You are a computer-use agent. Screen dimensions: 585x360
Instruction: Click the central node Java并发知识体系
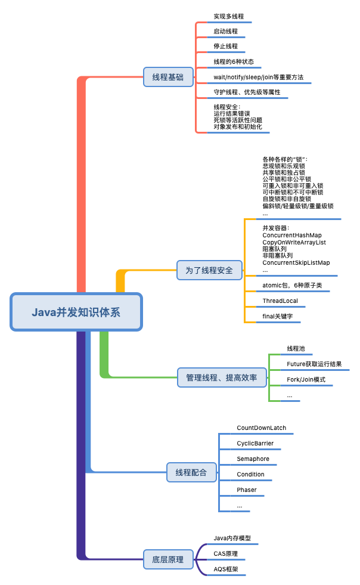point(76,312)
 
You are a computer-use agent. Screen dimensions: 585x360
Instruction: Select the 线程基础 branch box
point(167,77)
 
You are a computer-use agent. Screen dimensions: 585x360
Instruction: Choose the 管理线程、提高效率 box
point(221,377)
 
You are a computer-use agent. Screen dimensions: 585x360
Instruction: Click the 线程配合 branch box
point(191,472)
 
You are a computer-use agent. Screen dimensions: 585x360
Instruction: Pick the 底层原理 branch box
point(167,559)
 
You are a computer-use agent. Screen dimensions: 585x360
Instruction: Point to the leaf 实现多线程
point(228,17)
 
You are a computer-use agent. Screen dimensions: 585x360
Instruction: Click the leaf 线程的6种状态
point(234,61)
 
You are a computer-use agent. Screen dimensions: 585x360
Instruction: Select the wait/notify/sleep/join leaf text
point(258,77)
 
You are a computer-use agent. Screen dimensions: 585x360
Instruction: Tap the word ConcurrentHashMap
point(291,236)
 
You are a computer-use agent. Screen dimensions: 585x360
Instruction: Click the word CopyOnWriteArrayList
point(294,242)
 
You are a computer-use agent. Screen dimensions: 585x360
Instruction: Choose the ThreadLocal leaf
point(280,301)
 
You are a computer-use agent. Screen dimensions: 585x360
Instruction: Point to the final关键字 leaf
point(278,317)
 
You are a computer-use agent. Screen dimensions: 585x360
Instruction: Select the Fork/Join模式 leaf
point(306,379)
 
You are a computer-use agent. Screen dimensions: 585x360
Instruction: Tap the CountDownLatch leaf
point(261,428)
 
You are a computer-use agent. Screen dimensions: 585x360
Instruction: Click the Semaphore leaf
point(253,459)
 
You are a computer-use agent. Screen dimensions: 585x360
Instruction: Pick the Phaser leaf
point(247,490)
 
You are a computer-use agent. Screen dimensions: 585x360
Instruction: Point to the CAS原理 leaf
point(225,554)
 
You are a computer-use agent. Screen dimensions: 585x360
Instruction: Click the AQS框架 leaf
point(226,569)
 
